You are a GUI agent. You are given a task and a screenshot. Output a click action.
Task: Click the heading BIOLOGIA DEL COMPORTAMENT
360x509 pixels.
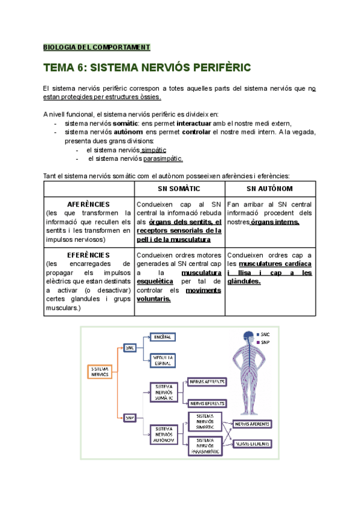click(x=97, y=47)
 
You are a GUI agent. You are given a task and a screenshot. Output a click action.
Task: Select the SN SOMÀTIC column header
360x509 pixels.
click(x=180, y=188)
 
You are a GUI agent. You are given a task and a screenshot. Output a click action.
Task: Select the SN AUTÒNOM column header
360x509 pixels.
click(x=269, y=188)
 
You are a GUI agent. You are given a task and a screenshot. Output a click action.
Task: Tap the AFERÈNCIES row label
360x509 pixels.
click(x=89, y=204)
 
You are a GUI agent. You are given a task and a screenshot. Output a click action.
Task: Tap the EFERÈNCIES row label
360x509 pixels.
click(x=89, y=254)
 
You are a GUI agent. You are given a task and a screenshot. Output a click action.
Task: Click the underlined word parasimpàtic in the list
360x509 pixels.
click(x=163, y=158)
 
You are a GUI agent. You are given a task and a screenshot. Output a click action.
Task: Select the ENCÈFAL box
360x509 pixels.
click(x=162, y=337)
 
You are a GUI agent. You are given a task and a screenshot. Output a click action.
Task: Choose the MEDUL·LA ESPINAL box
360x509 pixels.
click(x=162, y=360)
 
